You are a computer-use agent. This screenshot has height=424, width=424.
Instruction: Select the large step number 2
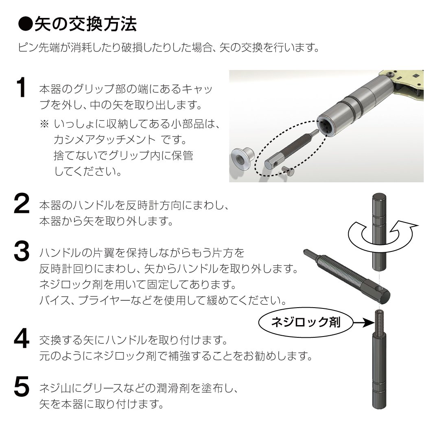(x=21, y=203)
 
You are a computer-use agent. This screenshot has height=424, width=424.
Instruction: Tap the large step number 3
(x=22, y=251)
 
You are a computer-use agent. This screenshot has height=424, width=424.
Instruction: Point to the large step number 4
(x=22, y=339)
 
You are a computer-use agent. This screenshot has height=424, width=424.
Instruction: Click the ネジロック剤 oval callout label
(x=306, y=322)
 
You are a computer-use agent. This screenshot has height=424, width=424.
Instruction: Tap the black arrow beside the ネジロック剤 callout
(x=364, y=322)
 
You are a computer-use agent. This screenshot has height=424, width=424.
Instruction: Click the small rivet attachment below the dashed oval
(x=287, y=171)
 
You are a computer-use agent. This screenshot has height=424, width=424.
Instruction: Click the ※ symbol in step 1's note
(x=44, y=124)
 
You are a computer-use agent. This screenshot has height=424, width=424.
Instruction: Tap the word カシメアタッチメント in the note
(x=105, y=140)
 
